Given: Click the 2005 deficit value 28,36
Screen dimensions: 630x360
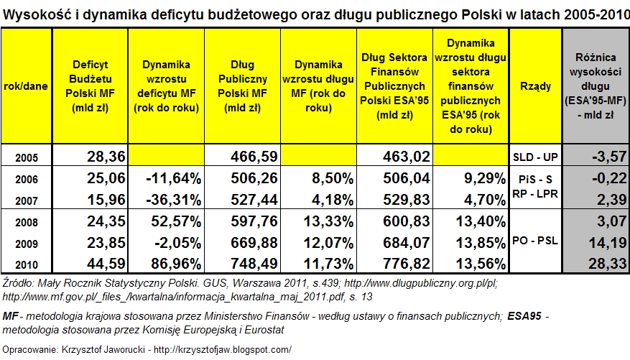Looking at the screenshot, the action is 106,157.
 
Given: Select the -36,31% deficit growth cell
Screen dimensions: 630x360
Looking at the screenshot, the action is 174,200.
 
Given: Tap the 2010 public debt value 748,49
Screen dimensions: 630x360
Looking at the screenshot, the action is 254,264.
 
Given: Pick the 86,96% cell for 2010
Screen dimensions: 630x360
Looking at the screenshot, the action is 176,264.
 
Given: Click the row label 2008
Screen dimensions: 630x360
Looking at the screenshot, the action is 27,222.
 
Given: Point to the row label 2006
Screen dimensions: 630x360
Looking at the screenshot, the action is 27,179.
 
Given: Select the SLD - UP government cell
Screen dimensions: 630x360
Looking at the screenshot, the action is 535,157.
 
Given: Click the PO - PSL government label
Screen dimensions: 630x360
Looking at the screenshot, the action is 535,241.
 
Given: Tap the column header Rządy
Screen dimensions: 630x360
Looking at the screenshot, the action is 535,86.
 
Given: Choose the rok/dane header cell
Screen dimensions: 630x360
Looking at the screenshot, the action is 26,86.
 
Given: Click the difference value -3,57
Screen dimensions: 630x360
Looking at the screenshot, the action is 609,157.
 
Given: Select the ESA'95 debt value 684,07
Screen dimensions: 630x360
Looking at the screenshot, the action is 406,243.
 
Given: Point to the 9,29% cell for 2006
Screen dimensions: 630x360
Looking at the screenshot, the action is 485,178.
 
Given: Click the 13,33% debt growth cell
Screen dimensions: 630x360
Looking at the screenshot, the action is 328,221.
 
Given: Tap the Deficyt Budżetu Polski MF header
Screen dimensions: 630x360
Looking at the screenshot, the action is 90,86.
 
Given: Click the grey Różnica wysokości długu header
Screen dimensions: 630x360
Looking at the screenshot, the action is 596,86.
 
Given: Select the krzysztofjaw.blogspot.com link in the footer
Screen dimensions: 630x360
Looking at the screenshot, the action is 223,349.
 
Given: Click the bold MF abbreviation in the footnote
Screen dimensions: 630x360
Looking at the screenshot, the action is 10,317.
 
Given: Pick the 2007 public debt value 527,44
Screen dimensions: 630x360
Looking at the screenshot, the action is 254,200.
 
